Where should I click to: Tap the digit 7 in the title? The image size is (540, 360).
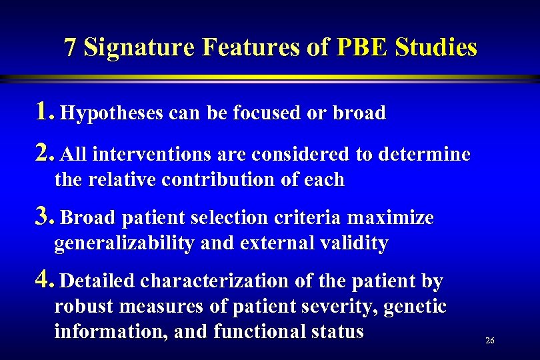click(70, 47)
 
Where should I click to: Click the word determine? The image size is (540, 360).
click(424, 155)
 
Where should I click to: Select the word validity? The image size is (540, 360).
click(358, 243)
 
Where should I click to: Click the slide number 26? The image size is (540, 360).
click(490, 341)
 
